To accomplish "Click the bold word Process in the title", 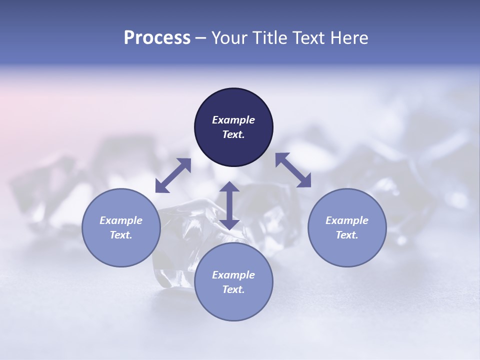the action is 157,38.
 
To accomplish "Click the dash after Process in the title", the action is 200,39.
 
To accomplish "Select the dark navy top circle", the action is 233,127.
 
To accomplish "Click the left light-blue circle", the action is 121,228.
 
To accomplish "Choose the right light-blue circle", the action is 347,228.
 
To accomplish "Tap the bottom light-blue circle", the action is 233,282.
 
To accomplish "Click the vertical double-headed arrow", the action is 229,205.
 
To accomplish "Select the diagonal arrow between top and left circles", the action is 173,175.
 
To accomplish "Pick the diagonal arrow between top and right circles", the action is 293,170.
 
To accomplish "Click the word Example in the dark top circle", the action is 233,120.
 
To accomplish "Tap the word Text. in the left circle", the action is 121,235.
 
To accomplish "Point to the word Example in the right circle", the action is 347,220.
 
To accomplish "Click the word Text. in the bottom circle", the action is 233,289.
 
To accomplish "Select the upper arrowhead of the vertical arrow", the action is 229,186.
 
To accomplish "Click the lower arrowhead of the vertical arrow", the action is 229,225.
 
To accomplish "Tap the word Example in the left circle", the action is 121,220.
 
